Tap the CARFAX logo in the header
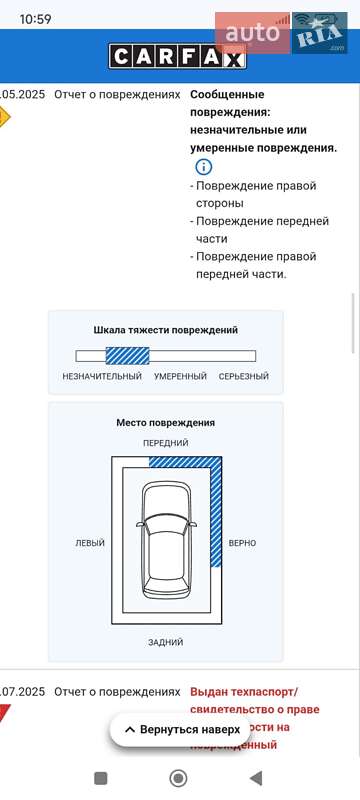(x=178, y=57)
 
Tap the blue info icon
(x=203, y=167)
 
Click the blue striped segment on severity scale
(x=127, y=355)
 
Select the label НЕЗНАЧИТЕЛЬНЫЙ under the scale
(x=102, y=377)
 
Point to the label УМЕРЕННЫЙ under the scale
(x=180, y=377)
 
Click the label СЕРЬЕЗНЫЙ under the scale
(x=244, y=377)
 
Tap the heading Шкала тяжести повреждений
(x=166, y=329)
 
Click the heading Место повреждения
(x=166, y=423)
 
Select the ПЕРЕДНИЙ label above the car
(x=166, y=443)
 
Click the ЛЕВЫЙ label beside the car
(x=90, y=543)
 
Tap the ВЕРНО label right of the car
(x=242, y=543)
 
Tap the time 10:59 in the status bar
(x=35, y=19)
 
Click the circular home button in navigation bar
(x=179, y=778)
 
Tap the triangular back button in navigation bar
(x=256, y=778)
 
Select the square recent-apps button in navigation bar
(x=100, y=778)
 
